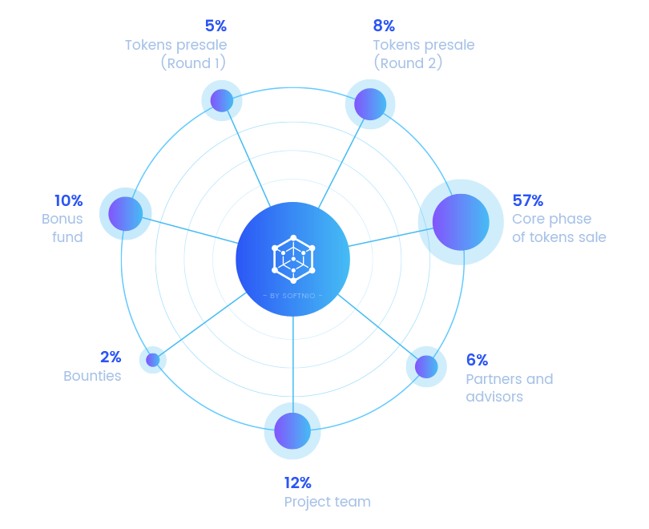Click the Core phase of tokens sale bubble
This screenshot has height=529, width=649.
(461, 222)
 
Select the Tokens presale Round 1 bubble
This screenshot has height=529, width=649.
(221, 101)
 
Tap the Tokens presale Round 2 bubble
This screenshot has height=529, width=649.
(370, 104)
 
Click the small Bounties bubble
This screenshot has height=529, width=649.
(152, 360)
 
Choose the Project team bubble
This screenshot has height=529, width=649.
(292, 430)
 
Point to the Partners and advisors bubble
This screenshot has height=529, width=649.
(425, 366)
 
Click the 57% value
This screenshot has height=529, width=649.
(528, 200)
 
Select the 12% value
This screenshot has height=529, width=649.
(298, 483)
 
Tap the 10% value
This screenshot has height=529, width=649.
(68, 200)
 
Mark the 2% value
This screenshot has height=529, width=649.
(111, 357)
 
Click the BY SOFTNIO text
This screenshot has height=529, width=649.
(293, 296)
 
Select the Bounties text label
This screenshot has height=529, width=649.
(92, 376)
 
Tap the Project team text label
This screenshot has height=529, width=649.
(327, 502)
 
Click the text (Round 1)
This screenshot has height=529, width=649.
(193, 63)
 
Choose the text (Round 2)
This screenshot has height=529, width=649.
(408, 63)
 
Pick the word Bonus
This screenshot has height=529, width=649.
(62, 219)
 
